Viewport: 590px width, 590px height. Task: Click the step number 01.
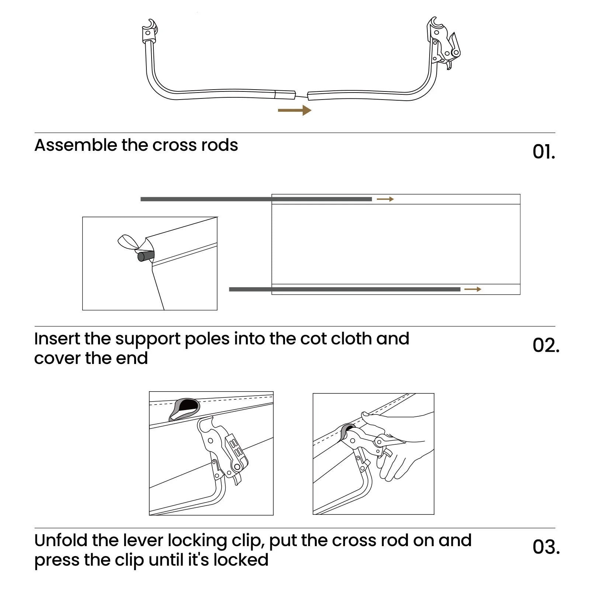[544, 152]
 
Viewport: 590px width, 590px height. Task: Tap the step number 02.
[546, 346]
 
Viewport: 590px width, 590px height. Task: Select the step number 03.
[546, 547]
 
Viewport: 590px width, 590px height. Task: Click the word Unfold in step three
[61, 541]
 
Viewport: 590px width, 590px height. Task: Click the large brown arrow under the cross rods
[295, 110]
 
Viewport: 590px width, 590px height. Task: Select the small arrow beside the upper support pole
[385, 199]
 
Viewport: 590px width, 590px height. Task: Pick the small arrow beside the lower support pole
[473, 289]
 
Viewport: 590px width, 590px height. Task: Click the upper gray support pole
[256, 199]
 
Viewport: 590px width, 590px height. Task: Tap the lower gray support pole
[344, 289]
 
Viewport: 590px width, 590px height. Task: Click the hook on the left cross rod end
[149, 29]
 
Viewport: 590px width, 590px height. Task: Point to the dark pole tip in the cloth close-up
[145, 256]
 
